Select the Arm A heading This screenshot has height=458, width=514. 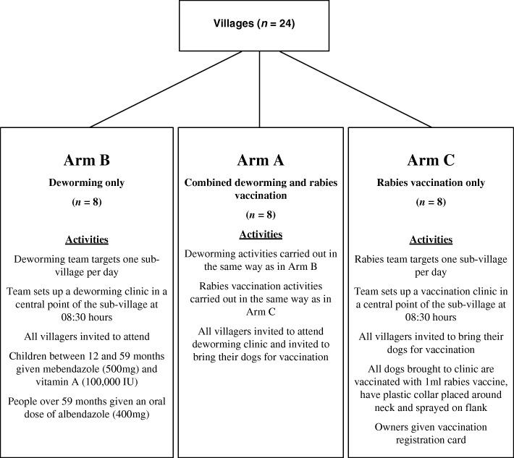(x=259, y=160)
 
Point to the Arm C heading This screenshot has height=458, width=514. (x=431, y=160)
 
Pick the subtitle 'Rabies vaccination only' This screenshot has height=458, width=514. (x=431, y=184)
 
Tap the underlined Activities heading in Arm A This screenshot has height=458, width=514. (x=259, y=234)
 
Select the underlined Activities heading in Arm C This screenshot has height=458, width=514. (x=431, y=239)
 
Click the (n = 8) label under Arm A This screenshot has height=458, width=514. (x=259, y=215)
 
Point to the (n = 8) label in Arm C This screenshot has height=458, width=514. (x=431, y=202)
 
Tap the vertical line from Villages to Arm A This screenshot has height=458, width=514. (x=259, y=87)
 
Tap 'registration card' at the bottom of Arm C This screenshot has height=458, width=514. (x=431, y=438)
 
